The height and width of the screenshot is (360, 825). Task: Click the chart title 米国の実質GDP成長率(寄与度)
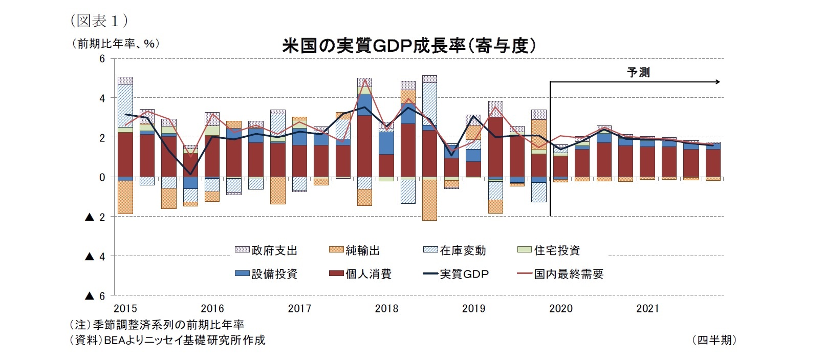pos(409,46)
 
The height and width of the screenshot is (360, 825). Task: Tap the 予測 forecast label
pos(638,72)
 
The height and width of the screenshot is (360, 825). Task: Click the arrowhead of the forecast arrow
pos(718,82)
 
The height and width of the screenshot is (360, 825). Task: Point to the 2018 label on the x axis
pos(386,308)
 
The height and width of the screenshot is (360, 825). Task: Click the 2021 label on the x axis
pos(647,308)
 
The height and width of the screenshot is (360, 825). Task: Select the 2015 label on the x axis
pos(125,308)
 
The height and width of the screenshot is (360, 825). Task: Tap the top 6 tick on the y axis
pos(102,59)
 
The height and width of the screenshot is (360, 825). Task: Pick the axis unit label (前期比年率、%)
pos(116,44)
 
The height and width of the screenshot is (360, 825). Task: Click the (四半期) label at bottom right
pos(714,340)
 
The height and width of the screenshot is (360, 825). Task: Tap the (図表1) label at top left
pos(99,20)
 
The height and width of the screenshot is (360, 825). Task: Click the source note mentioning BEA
pos(167,340)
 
